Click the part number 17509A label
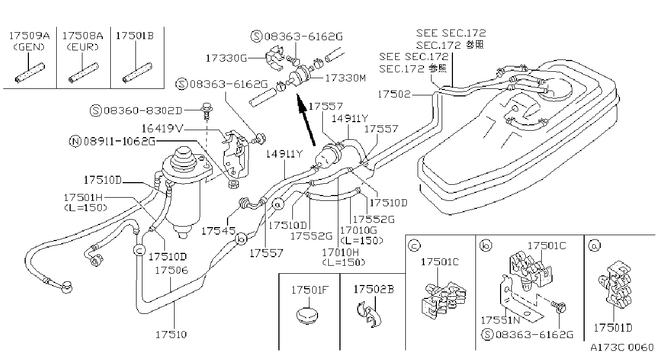coord(29,36)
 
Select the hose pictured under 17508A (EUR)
coord(84,73)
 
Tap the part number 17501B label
coord(135,36)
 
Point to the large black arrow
coord(306,119)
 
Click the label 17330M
coord(345,78)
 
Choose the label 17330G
coord(226,58)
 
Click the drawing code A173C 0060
coord(622,348)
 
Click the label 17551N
coord(500,320)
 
